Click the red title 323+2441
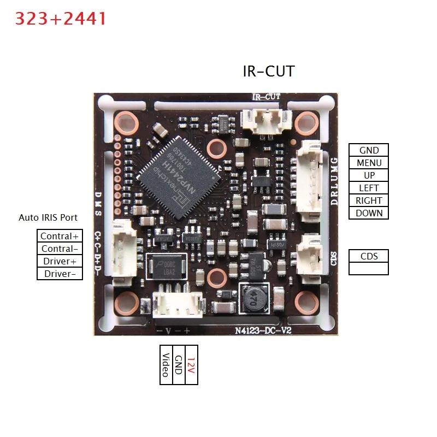pyautogui.click(x=61, y=19)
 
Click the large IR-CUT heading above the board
pyautogui.click(x=268, y=71)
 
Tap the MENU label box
pyautogui.click(x=369, y=163)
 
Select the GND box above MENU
pyautogui.click(x=369, y=150)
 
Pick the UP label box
pyautogui.click(x=369, y=175)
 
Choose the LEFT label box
pyautogui.click(x=369, y=188)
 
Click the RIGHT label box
pyautogui.click(x=369, y=200)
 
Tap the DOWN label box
pyautogui.click(x=369, y=213)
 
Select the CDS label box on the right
pyautogui.click(x=369, y=256)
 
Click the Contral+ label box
pyautogui.click(x=60, y=236)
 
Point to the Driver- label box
pyautogui.click(x=60, y=274)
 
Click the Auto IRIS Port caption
pyautogui.click(x=48, y=217)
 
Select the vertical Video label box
pyautogui.click(x=166, y=365)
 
